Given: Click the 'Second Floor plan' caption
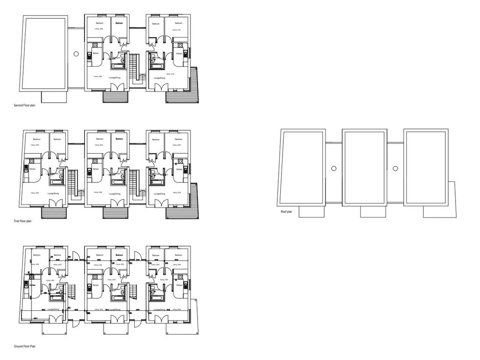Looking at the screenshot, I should (24, 106).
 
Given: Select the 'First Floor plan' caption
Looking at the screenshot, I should (23, 221).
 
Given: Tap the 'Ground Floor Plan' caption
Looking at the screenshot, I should (25, 346).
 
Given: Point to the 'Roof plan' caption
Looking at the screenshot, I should (286, 212).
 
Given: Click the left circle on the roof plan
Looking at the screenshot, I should (334, 168).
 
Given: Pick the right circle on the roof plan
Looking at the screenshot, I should (395, 168).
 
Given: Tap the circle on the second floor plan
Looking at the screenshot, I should (76, 54).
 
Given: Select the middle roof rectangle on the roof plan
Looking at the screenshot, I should (365, 167).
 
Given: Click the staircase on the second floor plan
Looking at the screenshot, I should (135, 68).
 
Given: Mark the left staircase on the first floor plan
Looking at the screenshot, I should (72, 184).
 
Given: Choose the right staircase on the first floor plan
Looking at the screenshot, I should (135, 184).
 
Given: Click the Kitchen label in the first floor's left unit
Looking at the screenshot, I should (32, 169).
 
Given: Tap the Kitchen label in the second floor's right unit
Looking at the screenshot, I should (179, 54).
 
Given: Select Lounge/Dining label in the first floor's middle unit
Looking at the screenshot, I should (115, 194).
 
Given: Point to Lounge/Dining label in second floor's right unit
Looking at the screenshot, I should (159, 78).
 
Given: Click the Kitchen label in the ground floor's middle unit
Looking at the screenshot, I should (95, 285).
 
